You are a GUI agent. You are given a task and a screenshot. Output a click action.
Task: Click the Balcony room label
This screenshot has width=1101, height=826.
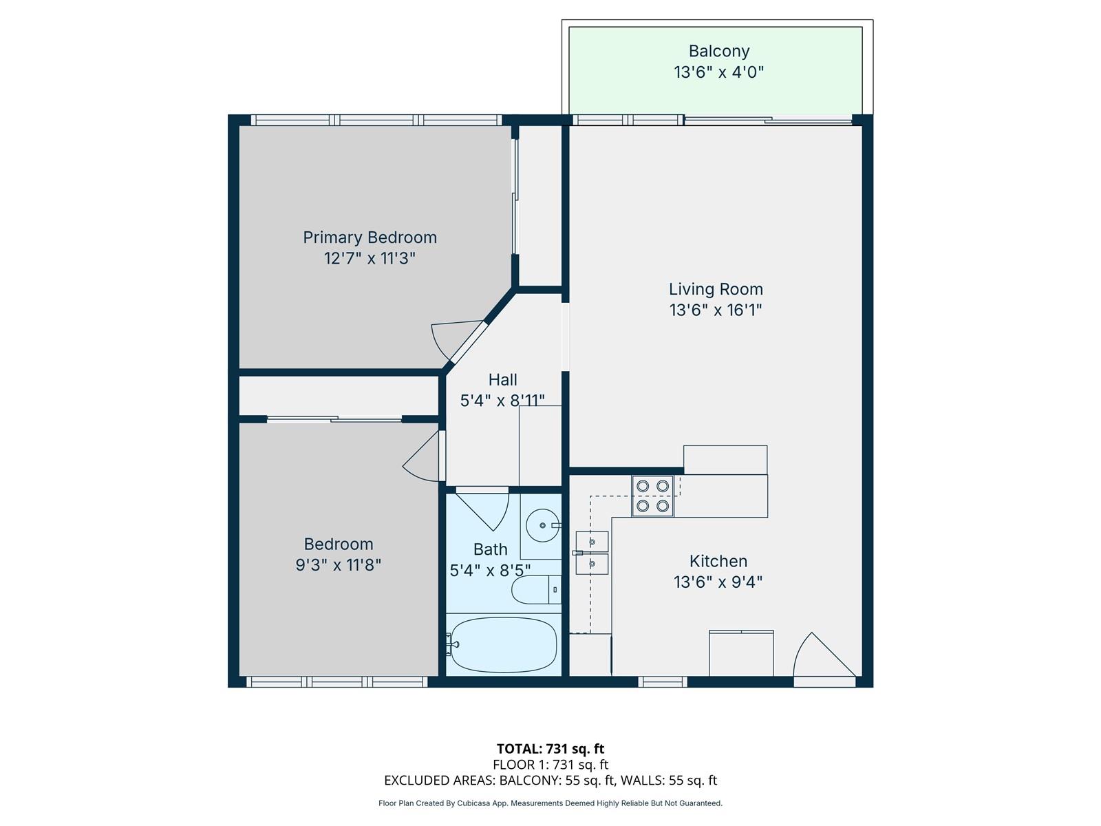tap(718, 51)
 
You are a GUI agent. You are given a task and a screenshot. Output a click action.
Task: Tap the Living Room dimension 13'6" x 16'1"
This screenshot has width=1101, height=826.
tap(716, 310)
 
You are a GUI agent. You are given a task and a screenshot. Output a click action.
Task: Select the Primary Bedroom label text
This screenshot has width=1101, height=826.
tap(370, 237)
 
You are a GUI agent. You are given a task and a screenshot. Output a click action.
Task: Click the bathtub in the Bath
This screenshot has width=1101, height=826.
tap(503, 644)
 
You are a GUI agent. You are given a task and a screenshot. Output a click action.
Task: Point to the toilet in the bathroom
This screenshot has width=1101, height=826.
tap(535, 590)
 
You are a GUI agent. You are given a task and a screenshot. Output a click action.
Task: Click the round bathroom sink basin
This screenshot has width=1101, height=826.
tap(542, 526)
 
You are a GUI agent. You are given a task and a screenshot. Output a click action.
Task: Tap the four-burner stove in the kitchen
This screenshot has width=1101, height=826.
tap(652, 496)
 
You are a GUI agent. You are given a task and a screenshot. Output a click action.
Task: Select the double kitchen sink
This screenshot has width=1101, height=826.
tap(592, 553)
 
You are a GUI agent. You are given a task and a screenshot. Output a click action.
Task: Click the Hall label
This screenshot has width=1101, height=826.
tap(502, 380)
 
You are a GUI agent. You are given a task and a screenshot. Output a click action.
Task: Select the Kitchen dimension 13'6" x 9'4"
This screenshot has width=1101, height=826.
tap(718, 582)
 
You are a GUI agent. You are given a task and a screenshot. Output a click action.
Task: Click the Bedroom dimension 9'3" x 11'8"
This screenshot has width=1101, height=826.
tap(338, 565)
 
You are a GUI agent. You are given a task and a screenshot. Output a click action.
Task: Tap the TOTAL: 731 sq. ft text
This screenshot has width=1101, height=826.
tap(550, 749)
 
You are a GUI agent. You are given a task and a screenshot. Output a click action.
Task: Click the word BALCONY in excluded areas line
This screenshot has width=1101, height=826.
tap(524, 781)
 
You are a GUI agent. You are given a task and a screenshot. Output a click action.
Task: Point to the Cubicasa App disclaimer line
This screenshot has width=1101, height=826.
tap(550, 803)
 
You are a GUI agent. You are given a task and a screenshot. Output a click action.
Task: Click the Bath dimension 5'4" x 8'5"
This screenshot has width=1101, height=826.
tap(490, 571)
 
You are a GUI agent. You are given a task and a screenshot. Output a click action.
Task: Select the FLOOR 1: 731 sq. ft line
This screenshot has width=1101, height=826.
tap(550, 765)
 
